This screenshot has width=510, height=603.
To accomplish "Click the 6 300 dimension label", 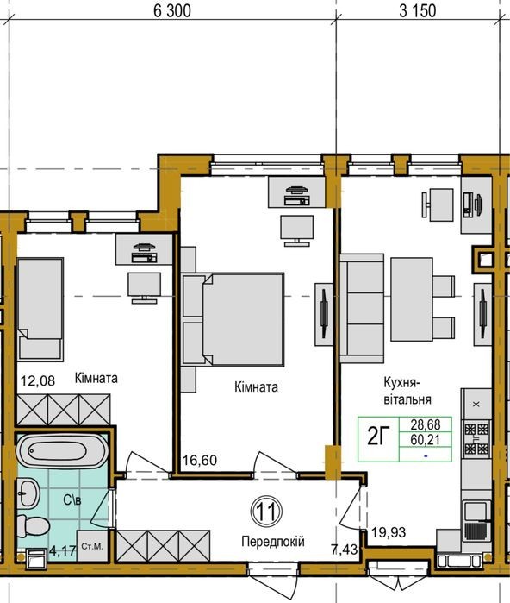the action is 171,10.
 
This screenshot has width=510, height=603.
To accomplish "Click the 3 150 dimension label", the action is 418,10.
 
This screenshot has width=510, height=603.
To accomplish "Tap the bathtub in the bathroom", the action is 62,450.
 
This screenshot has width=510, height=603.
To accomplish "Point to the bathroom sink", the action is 28,493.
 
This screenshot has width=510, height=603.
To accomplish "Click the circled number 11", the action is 266,512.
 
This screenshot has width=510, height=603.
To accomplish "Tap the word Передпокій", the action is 273,542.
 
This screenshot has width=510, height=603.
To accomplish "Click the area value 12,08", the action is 38,381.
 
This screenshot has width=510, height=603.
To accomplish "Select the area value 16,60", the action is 200,460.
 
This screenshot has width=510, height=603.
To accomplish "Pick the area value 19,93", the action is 389,532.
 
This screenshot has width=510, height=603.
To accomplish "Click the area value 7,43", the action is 345,550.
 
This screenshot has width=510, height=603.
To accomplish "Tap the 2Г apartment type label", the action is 378,437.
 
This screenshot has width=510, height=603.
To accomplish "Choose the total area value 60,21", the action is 426,440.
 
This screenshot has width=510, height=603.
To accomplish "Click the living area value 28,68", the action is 426,425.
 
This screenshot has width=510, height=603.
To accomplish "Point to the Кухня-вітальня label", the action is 407,391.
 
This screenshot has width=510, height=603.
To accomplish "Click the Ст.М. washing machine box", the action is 92,546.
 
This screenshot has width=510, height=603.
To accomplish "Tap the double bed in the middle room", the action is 233,319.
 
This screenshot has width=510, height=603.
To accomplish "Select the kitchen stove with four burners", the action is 476,438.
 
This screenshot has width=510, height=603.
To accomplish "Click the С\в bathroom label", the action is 72,500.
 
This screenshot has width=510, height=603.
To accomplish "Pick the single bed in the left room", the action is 40,310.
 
